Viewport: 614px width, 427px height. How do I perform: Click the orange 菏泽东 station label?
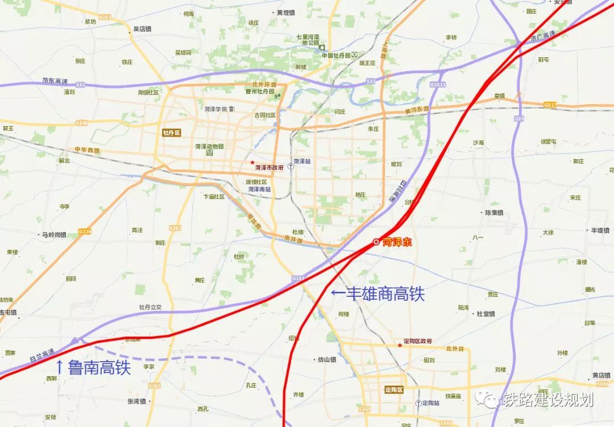[x=396, y=242]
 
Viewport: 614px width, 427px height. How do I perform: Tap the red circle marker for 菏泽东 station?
[x=376, y=242]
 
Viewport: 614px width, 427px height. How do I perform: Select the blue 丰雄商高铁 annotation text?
[x=377, y=294]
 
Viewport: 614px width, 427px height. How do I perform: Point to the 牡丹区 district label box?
[x=171, y=133]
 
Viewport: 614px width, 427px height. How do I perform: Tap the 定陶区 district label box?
[x=392, y=390]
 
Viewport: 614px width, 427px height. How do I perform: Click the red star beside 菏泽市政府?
[x=252, y=163]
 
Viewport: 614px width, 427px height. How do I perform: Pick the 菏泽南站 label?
[x=259, y=189]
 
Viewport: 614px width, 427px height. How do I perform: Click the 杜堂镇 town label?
[x=486, y=313]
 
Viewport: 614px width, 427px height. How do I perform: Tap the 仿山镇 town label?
[x=327, y=359]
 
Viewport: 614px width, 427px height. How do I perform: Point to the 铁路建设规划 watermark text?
[x=547, y=400]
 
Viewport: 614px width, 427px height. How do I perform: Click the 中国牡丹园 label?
[x=336, y=55]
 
